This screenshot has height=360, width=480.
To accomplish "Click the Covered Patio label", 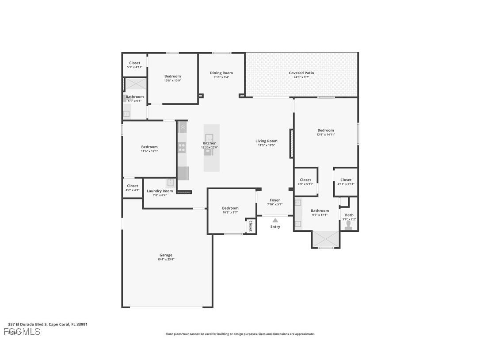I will (x=301, y=73).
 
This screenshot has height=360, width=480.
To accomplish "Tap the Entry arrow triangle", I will (x=275, y=220).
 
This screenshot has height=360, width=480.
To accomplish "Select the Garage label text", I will (x=166, y=255).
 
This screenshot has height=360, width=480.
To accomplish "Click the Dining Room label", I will (x=221, y=73).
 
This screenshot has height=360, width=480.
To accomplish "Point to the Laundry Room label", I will (x=160, y=191).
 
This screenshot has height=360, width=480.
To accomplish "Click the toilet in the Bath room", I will (x=349, y=225).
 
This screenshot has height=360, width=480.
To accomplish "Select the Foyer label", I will (x=274, y=200).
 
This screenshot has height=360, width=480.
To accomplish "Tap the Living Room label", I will (x=266, y=141).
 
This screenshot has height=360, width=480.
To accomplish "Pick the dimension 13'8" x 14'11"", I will (x=326, y=134).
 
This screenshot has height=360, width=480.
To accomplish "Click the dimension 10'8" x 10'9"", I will (x=172, y=80).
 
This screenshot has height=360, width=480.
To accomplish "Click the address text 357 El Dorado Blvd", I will (x=48, y=324).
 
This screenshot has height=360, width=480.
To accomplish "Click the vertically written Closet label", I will (x=250, y=226).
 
